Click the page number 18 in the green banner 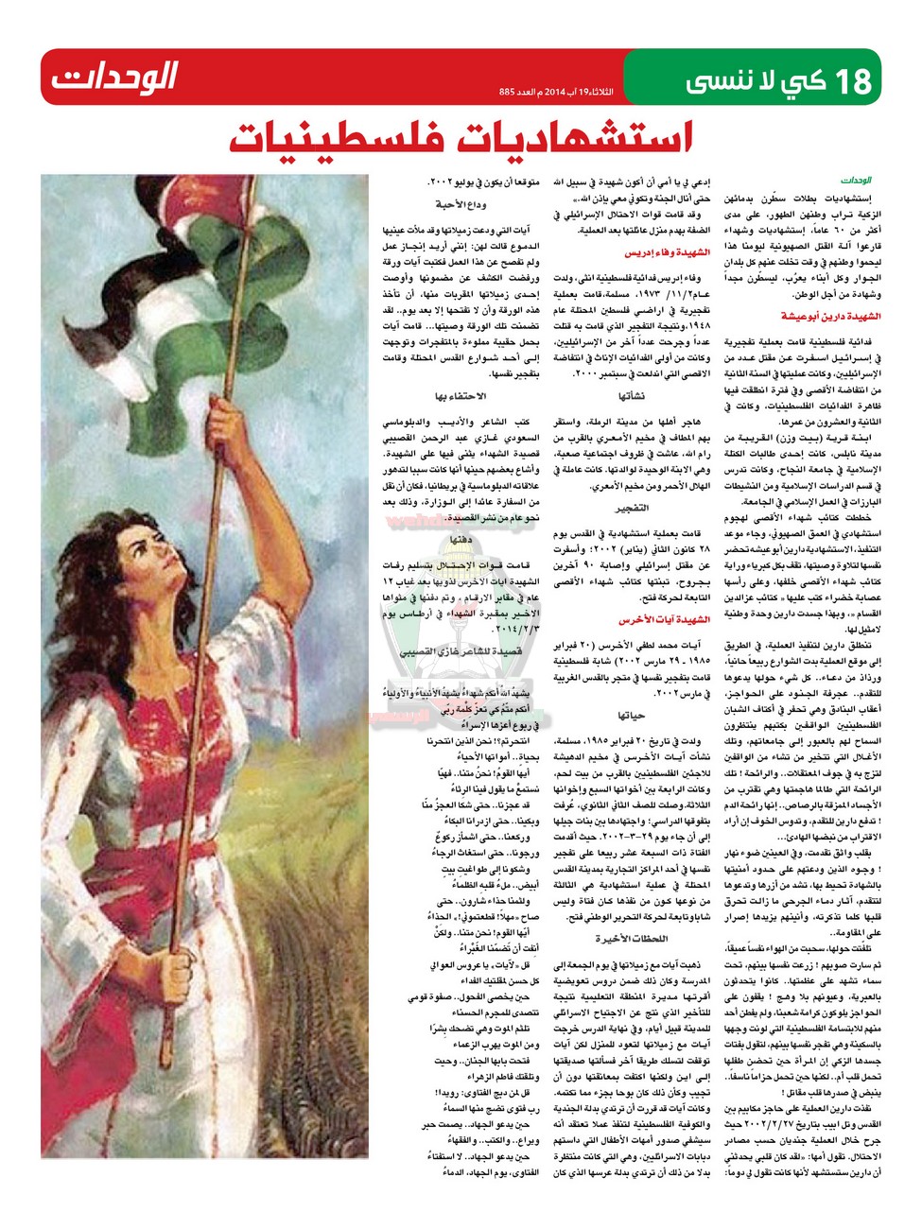coord(849,79)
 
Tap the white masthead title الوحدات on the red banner coord(114,77)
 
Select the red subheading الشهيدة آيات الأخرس coord(664,620)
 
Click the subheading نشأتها coord(631,395)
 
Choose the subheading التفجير coord(632,508)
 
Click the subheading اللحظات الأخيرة coord(631,938)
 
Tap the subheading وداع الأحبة coord(461,204)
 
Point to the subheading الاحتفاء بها coord(461,396)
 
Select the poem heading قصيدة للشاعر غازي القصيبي coord(461,652)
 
